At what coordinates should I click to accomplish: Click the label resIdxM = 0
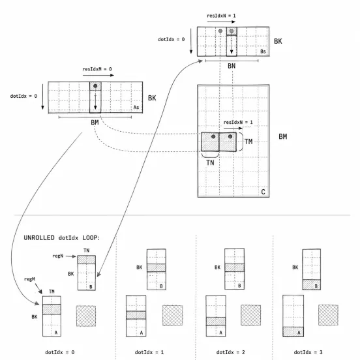[x=97, y=69]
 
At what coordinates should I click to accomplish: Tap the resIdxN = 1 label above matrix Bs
[x=221, y=16]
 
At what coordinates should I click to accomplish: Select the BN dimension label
[x=232, y=66]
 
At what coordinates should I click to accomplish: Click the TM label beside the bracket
[x=248, y=142]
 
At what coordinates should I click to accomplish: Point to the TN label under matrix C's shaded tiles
[x=210, y=163]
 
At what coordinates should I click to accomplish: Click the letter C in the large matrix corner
[x=263, y=192]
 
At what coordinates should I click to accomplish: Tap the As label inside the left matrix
[x=136, y=107]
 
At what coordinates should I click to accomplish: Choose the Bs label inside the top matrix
[x=263, y=52]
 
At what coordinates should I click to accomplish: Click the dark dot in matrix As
[x=95, y=86]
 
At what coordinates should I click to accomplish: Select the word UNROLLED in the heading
[x=39, y=237]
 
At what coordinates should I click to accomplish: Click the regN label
[x=57, y=256]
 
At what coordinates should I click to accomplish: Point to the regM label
[x=29, y=279]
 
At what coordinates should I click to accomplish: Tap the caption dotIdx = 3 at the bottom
[x=308, y=352]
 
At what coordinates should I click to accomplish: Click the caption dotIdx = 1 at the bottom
[x=149, y=352]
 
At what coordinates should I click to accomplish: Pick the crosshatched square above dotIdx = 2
[x=250, y=315]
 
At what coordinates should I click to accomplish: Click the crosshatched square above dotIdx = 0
[x=86, y=316]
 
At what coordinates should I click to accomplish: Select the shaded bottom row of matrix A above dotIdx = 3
[x=293, y=332]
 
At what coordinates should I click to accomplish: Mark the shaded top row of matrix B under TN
[x=87, y=260]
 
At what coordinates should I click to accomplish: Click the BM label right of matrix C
[x=283, y=136]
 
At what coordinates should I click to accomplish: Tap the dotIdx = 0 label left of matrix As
[x=23, y=97]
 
